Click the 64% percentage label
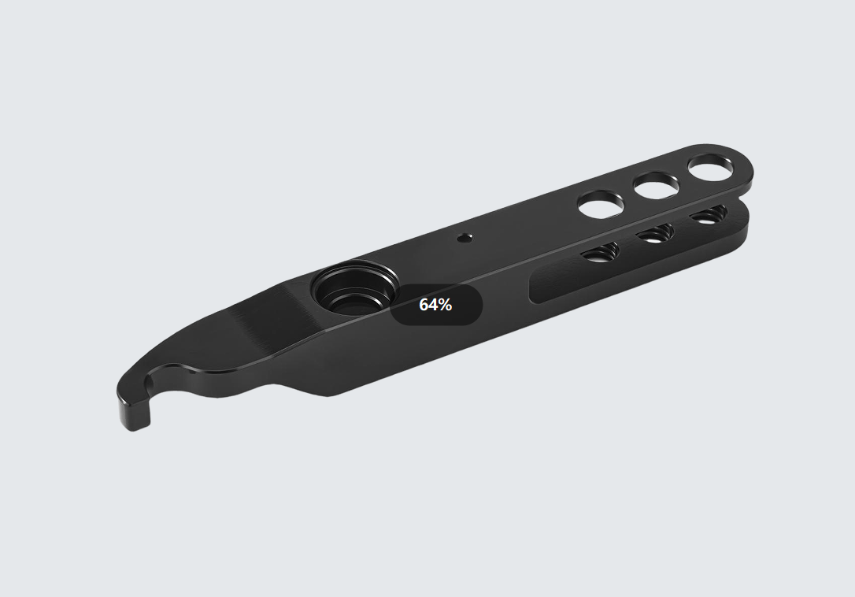pos(435,305)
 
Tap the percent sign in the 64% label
pos(444,305)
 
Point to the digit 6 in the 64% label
pos(424,305)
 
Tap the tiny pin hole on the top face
pos(465,237)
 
